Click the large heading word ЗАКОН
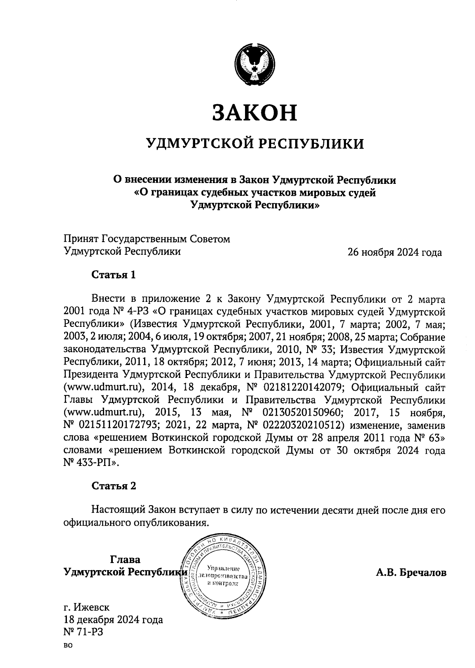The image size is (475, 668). (255, 113)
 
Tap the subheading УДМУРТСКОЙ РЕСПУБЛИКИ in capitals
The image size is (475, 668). (255, 143)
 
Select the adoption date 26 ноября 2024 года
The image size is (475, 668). (394, 252)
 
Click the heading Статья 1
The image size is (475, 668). (114, 275)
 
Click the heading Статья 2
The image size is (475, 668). (114, 486)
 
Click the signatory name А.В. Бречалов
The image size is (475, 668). (411, 573)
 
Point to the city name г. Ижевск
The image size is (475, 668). (87, 607)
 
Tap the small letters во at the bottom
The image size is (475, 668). (68, 646)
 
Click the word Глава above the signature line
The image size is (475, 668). (125, 560)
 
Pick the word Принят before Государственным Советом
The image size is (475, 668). (82, 239)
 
